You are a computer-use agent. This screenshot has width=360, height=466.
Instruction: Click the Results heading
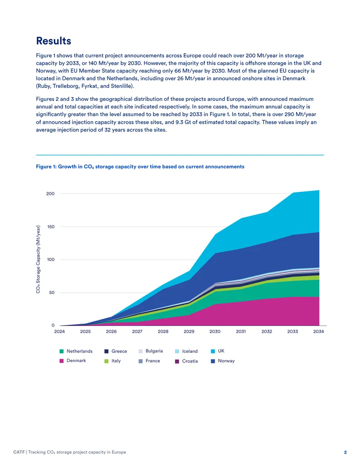(x=54, y=41)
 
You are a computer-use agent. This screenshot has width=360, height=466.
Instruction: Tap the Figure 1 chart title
(x=140, y=167)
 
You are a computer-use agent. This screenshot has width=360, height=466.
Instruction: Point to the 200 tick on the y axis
(x=50, y=194)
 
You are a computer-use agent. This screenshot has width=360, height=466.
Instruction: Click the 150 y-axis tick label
(x=51, y=227)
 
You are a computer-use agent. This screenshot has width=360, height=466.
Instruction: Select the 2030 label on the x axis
(x=215, y=331)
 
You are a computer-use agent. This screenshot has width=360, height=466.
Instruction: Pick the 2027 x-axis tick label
(x=137, y=331)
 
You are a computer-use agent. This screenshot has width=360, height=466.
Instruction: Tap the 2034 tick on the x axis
(x=319, y=331)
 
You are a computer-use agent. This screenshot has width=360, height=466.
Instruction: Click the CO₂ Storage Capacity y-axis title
(x=38, y=259)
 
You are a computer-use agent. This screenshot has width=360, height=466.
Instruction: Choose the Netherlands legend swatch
(x=62, y=351)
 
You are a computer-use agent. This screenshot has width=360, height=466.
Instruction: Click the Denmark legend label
(x=76, y=361)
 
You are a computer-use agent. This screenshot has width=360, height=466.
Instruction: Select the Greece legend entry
(x=116, y=351)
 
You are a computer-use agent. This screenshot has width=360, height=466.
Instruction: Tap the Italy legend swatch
(x=106, y=361)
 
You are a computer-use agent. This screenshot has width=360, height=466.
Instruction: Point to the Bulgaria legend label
(x=154, y=351)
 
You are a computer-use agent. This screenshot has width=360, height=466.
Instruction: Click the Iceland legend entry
(x=186, y=351)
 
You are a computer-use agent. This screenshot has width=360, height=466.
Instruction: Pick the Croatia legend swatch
(x=177, y=362)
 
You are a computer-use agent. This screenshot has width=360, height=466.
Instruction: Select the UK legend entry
(x=217, y=351)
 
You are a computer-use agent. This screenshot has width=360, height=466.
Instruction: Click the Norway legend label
(x=226, y=361)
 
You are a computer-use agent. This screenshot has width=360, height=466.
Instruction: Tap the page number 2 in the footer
(x=346, y=452)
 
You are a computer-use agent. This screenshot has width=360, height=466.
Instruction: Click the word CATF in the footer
(x=19, y=452)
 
